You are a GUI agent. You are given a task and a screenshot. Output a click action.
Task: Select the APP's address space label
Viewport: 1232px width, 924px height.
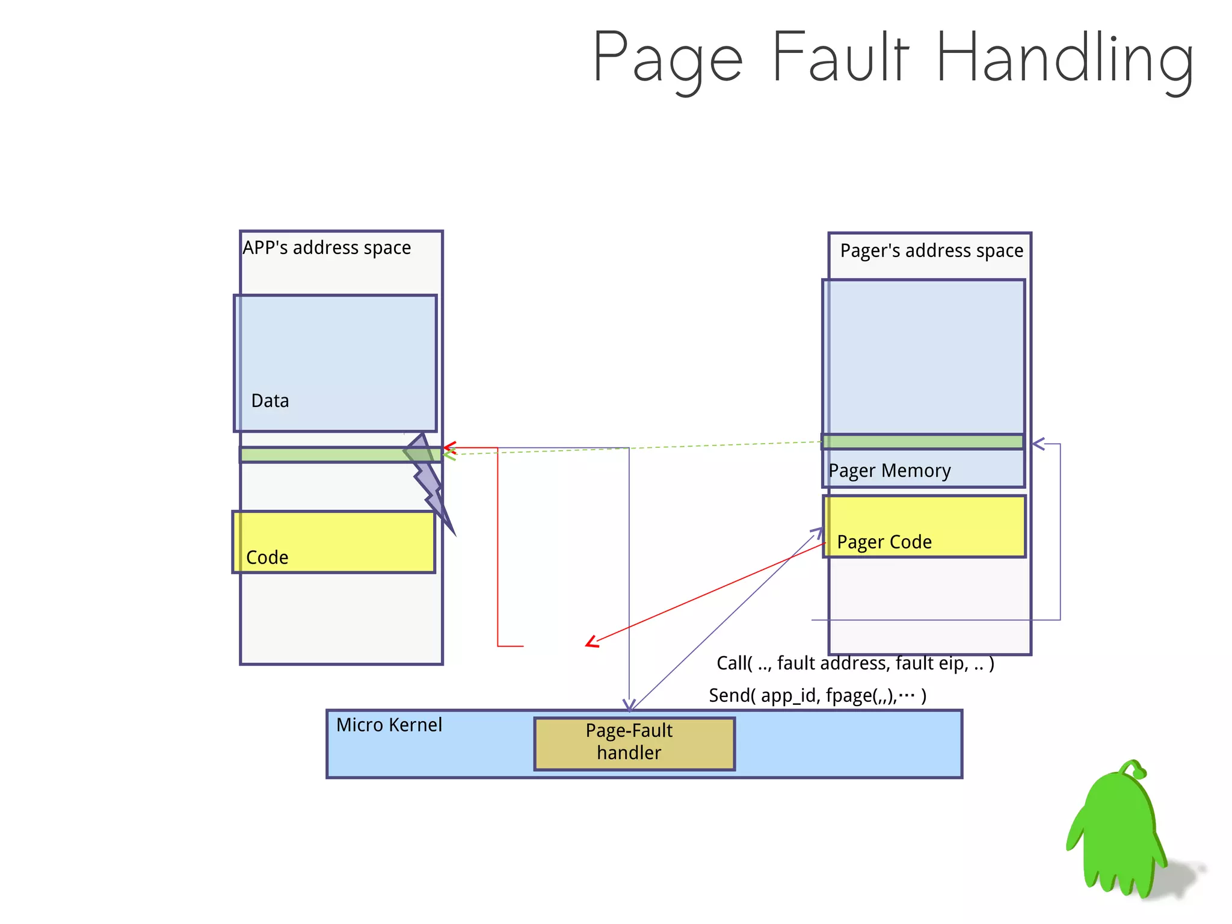327,247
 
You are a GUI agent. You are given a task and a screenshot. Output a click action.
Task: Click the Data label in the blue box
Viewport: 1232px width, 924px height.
270,401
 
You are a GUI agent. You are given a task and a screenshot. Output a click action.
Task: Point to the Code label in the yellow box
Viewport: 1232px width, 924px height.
267,557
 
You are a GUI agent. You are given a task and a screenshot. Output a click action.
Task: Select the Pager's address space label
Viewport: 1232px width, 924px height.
931,250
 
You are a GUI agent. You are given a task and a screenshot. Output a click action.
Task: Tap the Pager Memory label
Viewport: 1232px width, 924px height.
889,471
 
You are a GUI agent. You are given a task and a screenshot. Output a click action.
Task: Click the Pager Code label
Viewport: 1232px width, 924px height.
884,542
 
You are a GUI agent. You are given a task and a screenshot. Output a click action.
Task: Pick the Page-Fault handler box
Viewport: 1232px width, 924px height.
634,743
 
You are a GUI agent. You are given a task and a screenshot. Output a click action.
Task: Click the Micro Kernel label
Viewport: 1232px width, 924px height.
389,725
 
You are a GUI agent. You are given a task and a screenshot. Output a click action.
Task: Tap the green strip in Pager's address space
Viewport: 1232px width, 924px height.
923,442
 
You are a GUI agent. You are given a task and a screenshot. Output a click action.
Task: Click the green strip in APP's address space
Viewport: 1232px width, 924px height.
325,454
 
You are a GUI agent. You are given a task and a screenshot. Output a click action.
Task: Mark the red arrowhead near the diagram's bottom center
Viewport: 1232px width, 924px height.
592,642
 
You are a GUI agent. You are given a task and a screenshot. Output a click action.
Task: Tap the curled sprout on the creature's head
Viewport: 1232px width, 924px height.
1136,769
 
